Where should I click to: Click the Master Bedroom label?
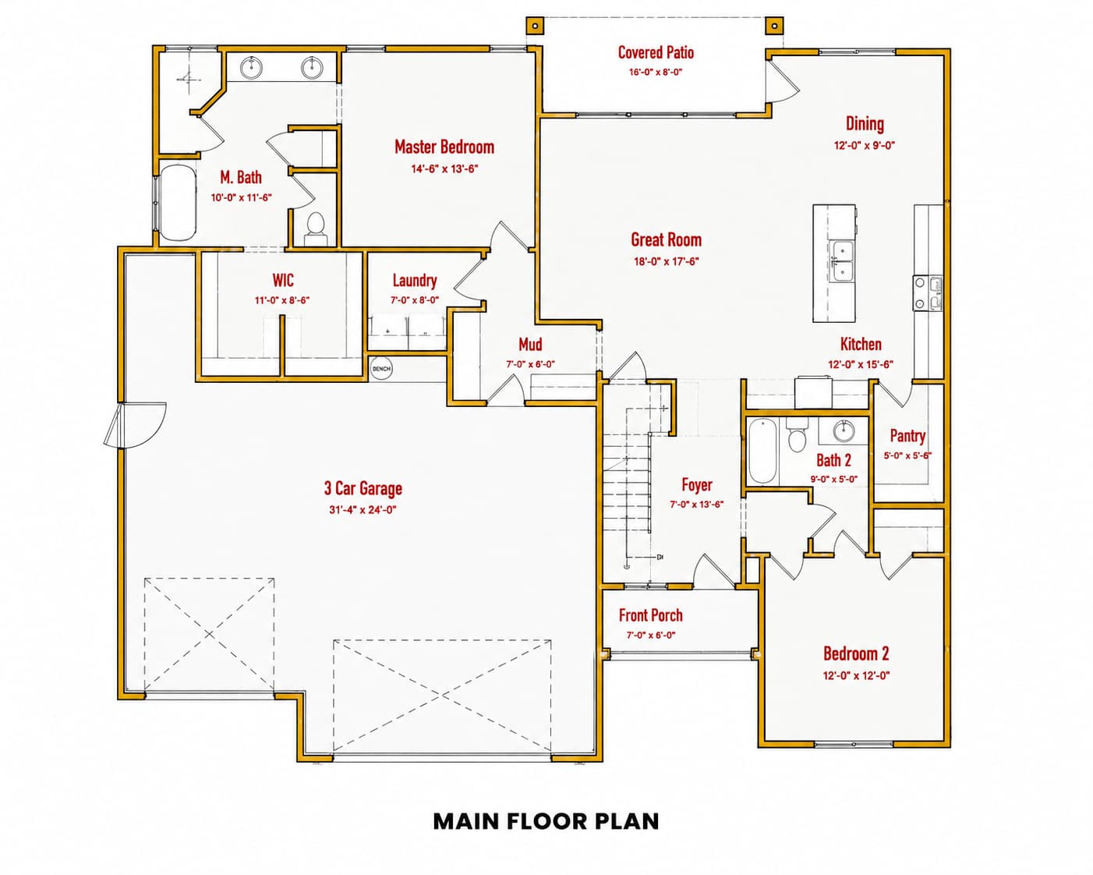(x=444, y=147)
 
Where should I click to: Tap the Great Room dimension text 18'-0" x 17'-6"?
(x=666, y=262)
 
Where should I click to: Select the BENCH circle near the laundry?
(x=381, y=368)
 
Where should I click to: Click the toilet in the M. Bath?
(x=316, y=229)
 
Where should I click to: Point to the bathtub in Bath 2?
(x=762, y=451)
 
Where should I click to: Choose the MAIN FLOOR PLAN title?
(x=546, y=822)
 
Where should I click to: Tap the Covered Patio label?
(x=656, y=52)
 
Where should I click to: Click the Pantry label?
(x=907, y=435)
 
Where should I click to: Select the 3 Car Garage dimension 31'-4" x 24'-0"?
(x=363, y=510)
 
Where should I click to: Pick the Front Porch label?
(x=651, y=615)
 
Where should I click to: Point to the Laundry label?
(x=415, y=281)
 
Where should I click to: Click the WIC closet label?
(x=282, y=280)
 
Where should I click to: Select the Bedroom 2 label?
(x=856, y=654)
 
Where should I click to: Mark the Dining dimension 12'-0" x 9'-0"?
(x=865, y=145)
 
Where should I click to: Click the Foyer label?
(x=697, y=485)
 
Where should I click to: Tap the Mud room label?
(x=530, y=345)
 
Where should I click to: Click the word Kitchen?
(x=861, y=344)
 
